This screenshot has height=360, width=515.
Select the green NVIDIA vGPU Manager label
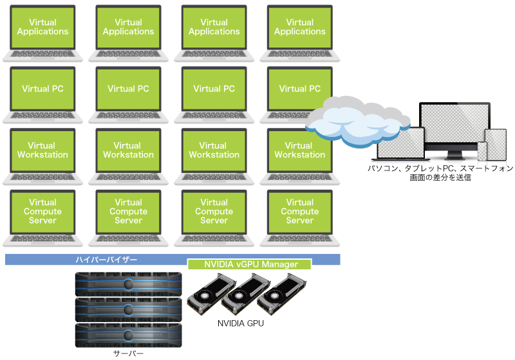coord(250,264)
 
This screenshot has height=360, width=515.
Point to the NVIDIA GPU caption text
coord(240,323)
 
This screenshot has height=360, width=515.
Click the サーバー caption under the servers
coord(128,353)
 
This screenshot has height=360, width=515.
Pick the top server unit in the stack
coord(128,283)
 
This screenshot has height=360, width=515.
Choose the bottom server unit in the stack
coord(128,336)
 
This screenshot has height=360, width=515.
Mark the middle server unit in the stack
coord(128,310)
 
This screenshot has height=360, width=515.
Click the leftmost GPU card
coord(211,294)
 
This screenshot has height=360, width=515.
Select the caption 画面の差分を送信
coord(440,177)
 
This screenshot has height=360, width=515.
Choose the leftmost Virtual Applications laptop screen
coord(42,27)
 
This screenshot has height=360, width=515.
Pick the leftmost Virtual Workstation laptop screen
coord(42,150)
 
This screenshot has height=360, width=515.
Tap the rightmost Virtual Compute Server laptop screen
coord(299,212)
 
